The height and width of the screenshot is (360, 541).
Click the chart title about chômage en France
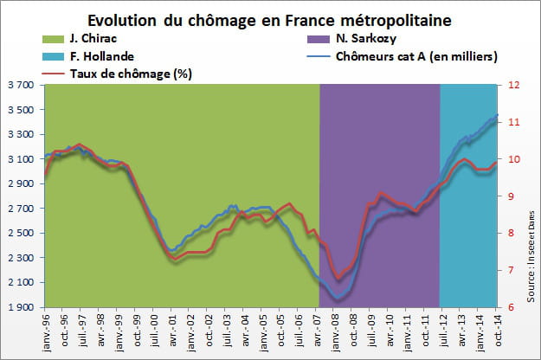(x=271, y=20)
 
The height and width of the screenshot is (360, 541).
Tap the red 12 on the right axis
(x=512, y=86)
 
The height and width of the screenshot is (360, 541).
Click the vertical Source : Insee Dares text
(x=525, y=234)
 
